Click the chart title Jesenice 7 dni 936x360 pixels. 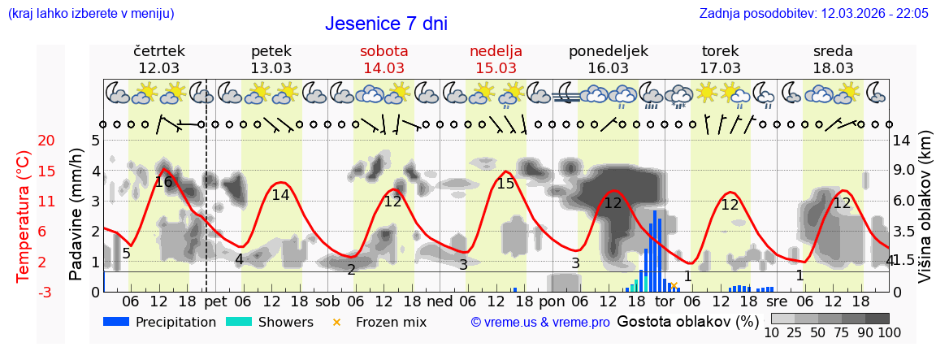coord(386,24)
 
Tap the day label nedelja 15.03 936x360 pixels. coord(496,59)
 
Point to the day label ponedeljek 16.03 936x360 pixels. coord(609,59)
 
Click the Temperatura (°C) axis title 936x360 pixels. coord(24,216)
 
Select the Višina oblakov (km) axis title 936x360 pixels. coord(925,216)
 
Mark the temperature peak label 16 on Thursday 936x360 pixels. coord(163,182)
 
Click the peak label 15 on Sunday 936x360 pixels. coord(505,184)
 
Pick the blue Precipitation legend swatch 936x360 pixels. coord(117,322)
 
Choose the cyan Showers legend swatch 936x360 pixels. coord(239,322)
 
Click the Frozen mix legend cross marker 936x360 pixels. coord(337,322)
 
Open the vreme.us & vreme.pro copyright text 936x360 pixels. coord(540,322)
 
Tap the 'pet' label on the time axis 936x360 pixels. coord(215,301)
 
